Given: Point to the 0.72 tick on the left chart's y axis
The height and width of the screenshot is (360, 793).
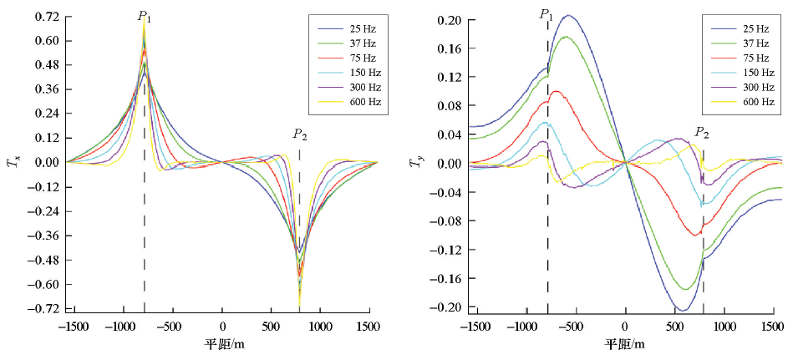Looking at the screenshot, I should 47,17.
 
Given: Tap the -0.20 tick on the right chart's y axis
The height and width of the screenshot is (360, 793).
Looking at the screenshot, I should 449,307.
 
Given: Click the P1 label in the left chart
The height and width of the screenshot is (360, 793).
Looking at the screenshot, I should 145,15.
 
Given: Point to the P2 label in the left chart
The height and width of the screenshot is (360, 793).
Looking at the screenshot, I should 299,134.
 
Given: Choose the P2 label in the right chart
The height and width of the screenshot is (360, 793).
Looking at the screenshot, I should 702,133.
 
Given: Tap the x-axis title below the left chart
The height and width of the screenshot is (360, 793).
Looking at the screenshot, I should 223,343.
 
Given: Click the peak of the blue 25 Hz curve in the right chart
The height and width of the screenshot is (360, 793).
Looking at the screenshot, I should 569,15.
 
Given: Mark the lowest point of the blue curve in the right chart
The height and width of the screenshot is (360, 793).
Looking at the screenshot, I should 682,311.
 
